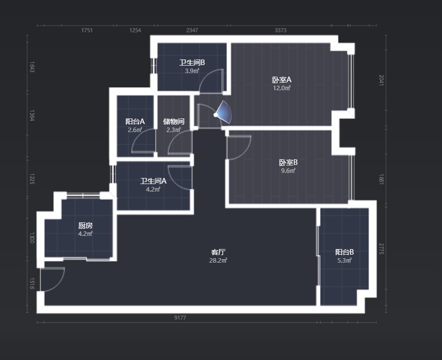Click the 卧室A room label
pos(282,80)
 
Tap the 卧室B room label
pos(288,162)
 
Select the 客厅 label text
pos(218,252)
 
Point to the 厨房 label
pos(85,225)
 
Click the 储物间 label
pos(174,122)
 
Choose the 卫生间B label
pos(192,63)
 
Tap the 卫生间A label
pos(153,181)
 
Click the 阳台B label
pos(344,252)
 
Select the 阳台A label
pos(135,122)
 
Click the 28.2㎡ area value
pos(218,261)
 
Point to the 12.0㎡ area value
pos(282,88)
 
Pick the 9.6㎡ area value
pos(288,170)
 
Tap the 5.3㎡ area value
pos(344,261)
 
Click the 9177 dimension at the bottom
pos(180,318)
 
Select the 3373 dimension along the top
pos(281,30)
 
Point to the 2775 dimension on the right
pos(381,249)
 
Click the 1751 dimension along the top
pos(87,30)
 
